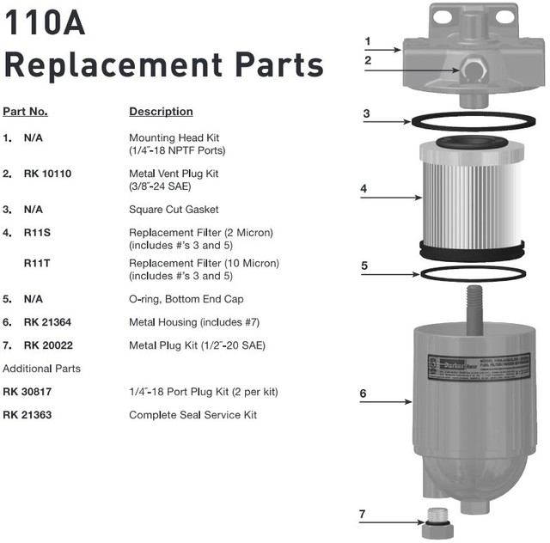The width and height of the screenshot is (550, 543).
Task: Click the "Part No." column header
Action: click(26, 112)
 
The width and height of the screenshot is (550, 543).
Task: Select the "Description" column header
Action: click(161, 112)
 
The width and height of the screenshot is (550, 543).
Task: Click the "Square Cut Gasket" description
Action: click(174, 209)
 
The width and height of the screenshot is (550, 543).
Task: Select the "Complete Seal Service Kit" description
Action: click(192, 415)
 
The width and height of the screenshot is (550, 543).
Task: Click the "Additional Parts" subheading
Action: click(42, 369)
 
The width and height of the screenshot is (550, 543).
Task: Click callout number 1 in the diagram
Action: click(367, 40)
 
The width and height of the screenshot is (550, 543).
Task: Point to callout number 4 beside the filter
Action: click(364, 188)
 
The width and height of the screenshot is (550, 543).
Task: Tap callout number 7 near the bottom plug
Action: click(363, 514)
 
